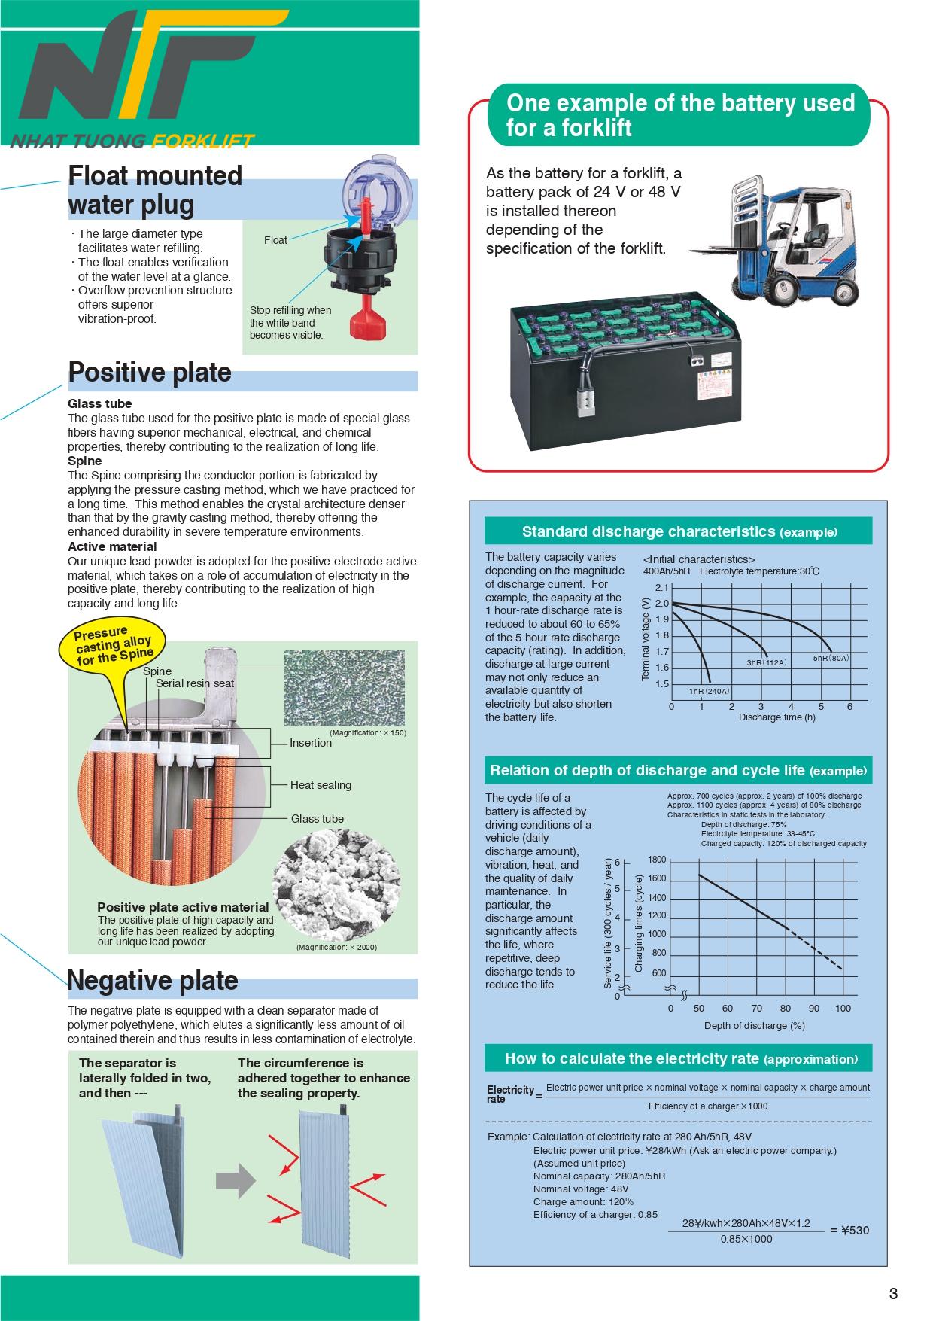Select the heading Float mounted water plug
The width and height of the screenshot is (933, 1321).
[x=155, y=190]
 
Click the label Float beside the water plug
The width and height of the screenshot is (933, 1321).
[x=275, y=240]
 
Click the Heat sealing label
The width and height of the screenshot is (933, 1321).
[x=321, y=785]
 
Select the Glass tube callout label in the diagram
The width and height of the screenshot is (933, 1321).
[x=317, y=819]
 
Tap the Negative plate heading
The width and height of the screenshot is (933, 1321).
[x=152, y=980]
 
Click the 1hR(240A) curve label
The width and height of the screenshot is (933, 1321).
[x=709, y=691]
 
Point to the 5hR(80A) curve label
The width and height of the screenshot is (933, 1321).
[x=831, y=658]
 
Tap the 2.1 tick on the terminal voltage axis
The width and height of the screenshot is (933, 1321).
[x=661, y=588]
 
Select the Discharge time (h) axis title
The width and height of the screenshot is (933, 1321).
[x=776, y=717]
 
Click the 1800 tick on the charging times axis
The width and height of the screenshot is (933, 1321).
[x=657, y=860]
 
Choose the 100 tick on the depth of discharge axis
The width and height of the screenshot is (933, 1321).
[x=843, y=1008]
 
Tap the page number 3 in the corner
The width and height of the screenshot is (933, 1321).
[x=893, y=1294]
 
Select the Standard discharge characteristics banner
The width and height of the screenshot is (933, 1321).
[x=678, y=531]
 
